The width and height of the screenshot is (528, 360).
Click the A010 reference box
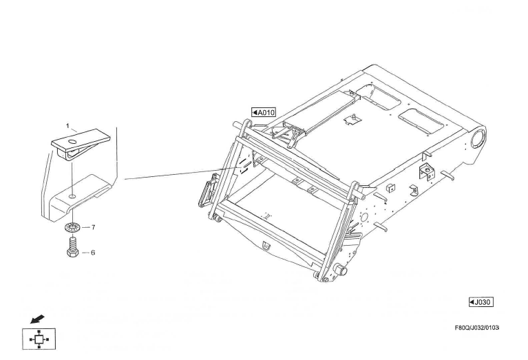(264, 112)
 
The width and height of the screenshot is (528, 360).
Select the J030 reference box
(481, 302)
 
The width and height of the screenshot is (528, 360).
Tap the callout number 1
(67, 126)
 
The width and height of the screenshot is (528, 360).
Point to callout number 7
(93, 227)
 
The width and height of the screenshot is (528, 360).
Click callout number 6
(93, 253)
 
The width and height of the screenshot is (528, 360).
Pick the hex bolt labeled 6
(73, 247)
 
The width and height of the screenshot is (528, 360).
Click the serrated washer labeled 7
(72, 228)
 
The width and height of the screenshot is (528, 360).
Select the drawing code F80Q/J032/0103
(477, 328)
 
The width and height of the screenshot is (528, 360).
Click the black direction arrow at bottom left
(37, 319)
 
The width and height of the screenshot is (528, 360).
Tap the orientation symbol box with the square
(39, 339)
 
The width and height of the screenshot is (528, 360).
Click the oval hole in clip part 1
(72, 141)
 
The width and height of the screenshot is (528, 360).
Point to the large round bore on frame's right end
(478, 138)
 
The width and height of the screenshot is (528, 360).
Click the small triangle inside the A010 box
(255, 112)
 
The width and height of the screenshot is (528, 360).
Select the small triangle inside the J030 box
(472, 302)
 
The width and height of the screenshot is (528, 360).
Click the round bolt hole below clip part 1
(72, 196)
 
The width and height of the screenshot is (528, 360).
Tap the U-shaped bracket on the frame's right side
(427, 172)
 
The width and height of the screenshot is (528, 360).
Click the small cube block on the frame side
(390, 188)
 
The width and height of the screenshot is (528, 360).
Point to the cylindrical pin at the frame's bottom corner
(341, 271)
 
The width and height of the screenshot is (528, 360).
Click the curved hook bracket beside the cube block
(414, 191)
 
